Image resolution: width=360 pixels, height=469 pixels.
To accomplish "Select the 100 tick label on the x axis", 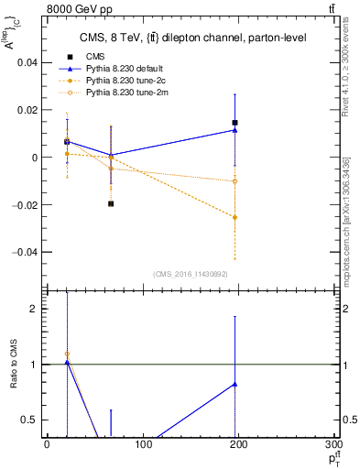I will point(143,444).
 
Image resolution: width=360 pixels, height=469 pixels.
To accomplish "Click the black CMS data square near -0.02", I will point(111,203).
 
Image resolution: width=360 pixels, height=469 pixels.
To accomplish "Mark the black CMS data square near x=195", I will point(235,123).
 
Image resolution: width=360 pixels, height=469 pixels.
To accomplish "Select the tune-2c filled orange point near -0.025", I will point(235,217).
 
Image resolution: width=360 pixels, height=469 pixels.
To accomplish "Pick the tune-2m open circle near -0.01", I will point(235,181).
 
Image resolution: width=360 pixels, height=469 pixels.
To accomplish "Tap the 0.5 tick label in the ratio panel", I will point(30,420).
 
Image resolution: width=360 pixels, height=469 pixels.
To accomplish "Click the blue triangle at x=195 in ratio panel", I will point(235,384).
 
